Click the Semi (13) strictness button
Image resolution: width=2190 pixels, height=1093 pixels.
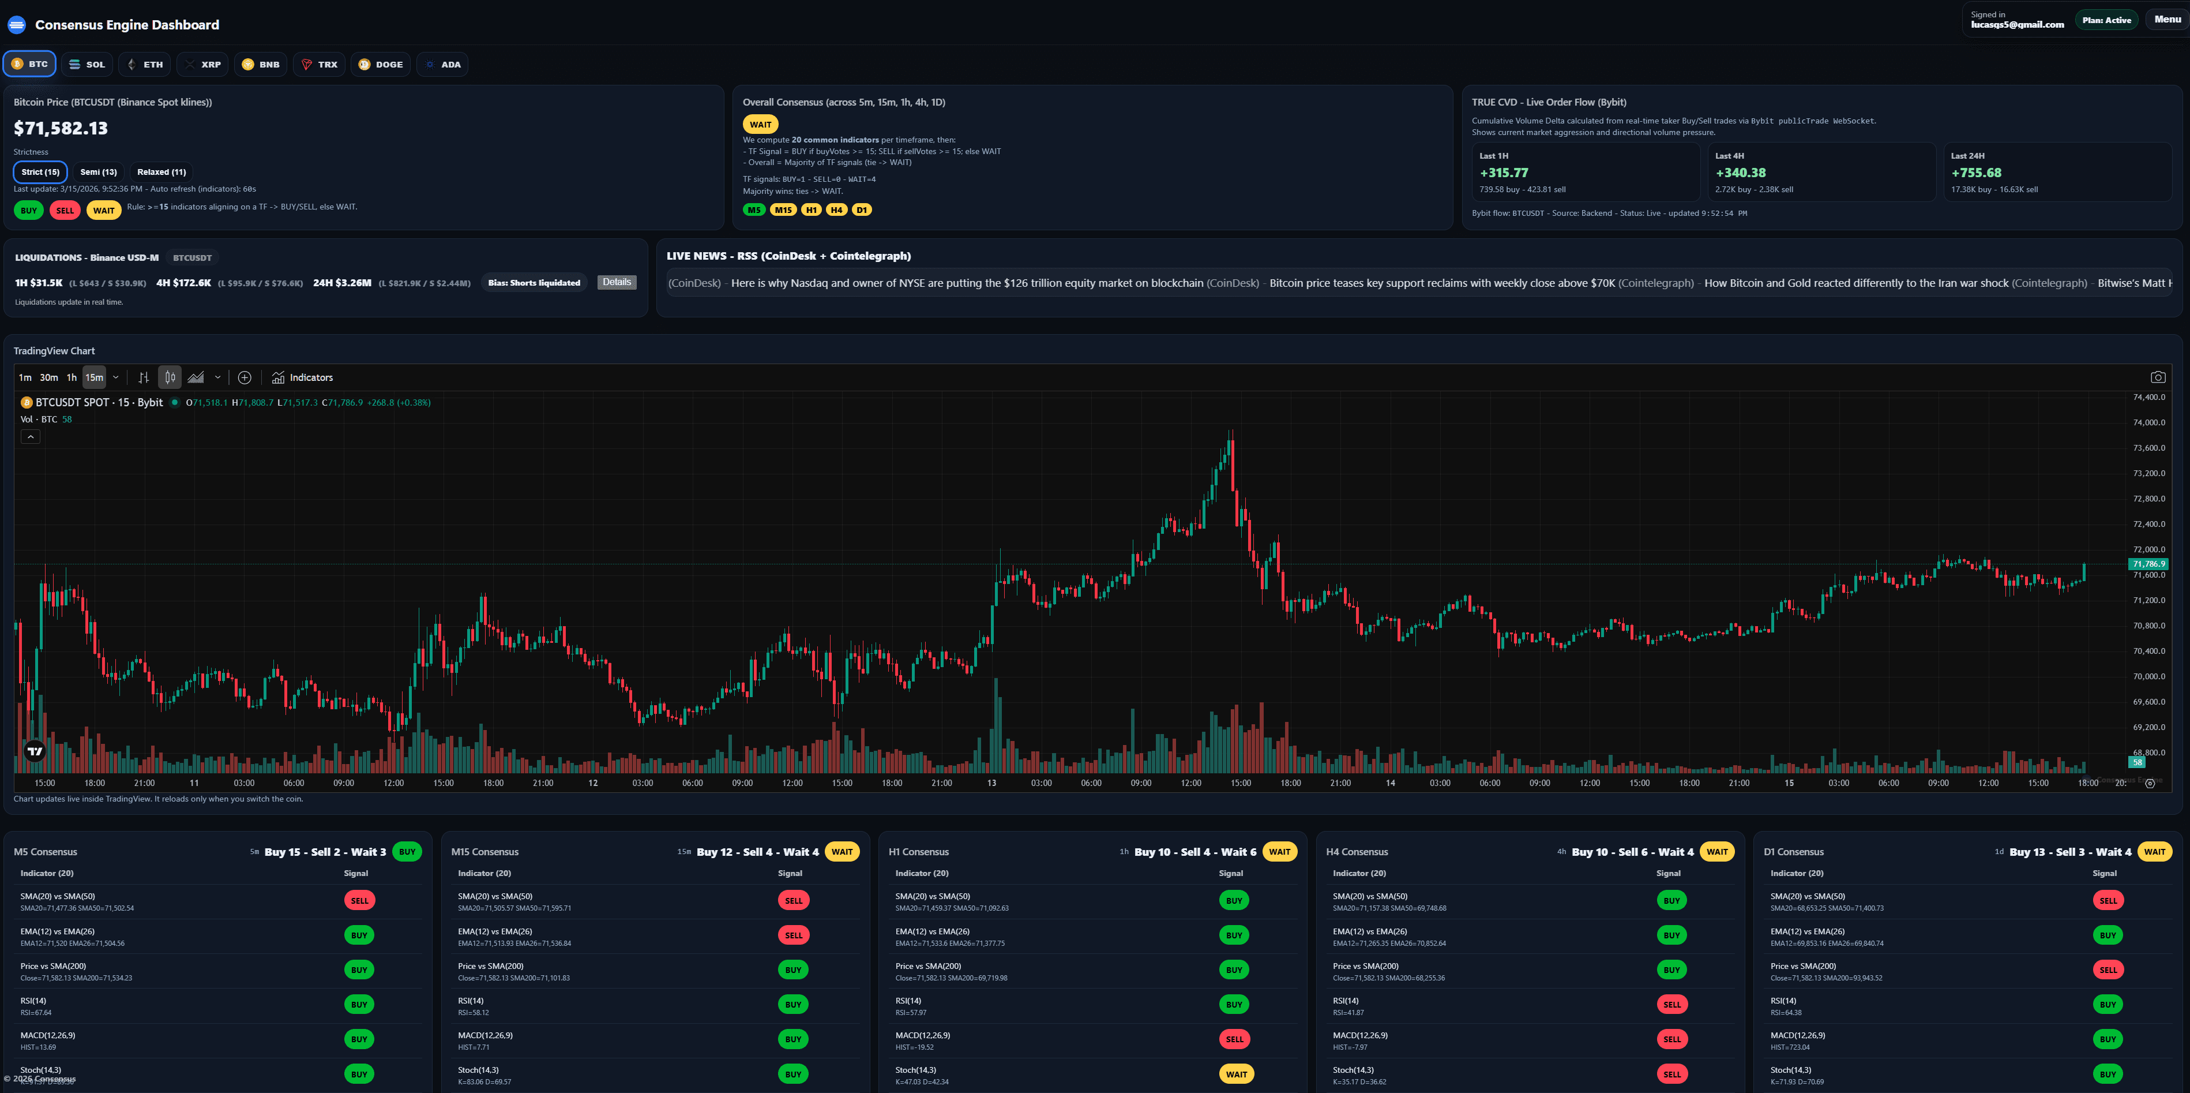(99, 172)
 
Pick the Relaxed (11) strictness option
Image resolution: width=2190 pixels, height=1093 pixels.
(161, 172)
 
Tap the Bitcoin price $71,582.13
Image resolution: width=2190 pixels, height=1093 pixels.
(61, 129)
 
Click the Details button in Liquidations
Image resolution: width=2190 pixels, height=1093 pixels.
(617, 282)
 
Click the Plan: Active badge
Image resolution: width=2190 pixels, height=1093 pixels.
(2106, 20)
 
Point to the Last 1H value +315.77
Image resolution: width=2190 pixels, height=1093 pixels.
(1504, 173)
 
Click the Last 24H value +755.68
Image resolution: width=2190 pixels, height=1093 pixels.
(1976, 173)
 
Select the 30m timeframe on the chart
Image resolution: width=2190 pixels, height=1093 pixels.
(49, 377)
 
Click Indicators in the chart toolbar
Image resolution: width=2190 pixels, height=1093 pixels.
(303, 377)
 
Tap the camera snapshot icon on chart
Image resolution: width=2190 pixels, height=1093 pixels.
(2158, 377)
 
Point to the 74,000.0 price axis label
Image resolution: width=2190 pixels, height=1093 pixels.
(2149, 423)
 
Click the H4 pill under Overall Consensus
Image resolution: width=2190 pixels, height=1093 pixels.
(836, 210)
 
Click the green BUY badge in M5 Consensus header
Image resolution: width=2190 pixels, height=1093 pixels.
(407, 851)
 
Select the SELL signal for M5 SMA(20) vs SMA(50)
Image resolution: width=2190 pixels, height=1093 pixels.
(359, 901)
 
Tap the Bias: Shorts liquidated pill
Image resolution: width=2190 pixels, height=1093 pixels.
(534, 282)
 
